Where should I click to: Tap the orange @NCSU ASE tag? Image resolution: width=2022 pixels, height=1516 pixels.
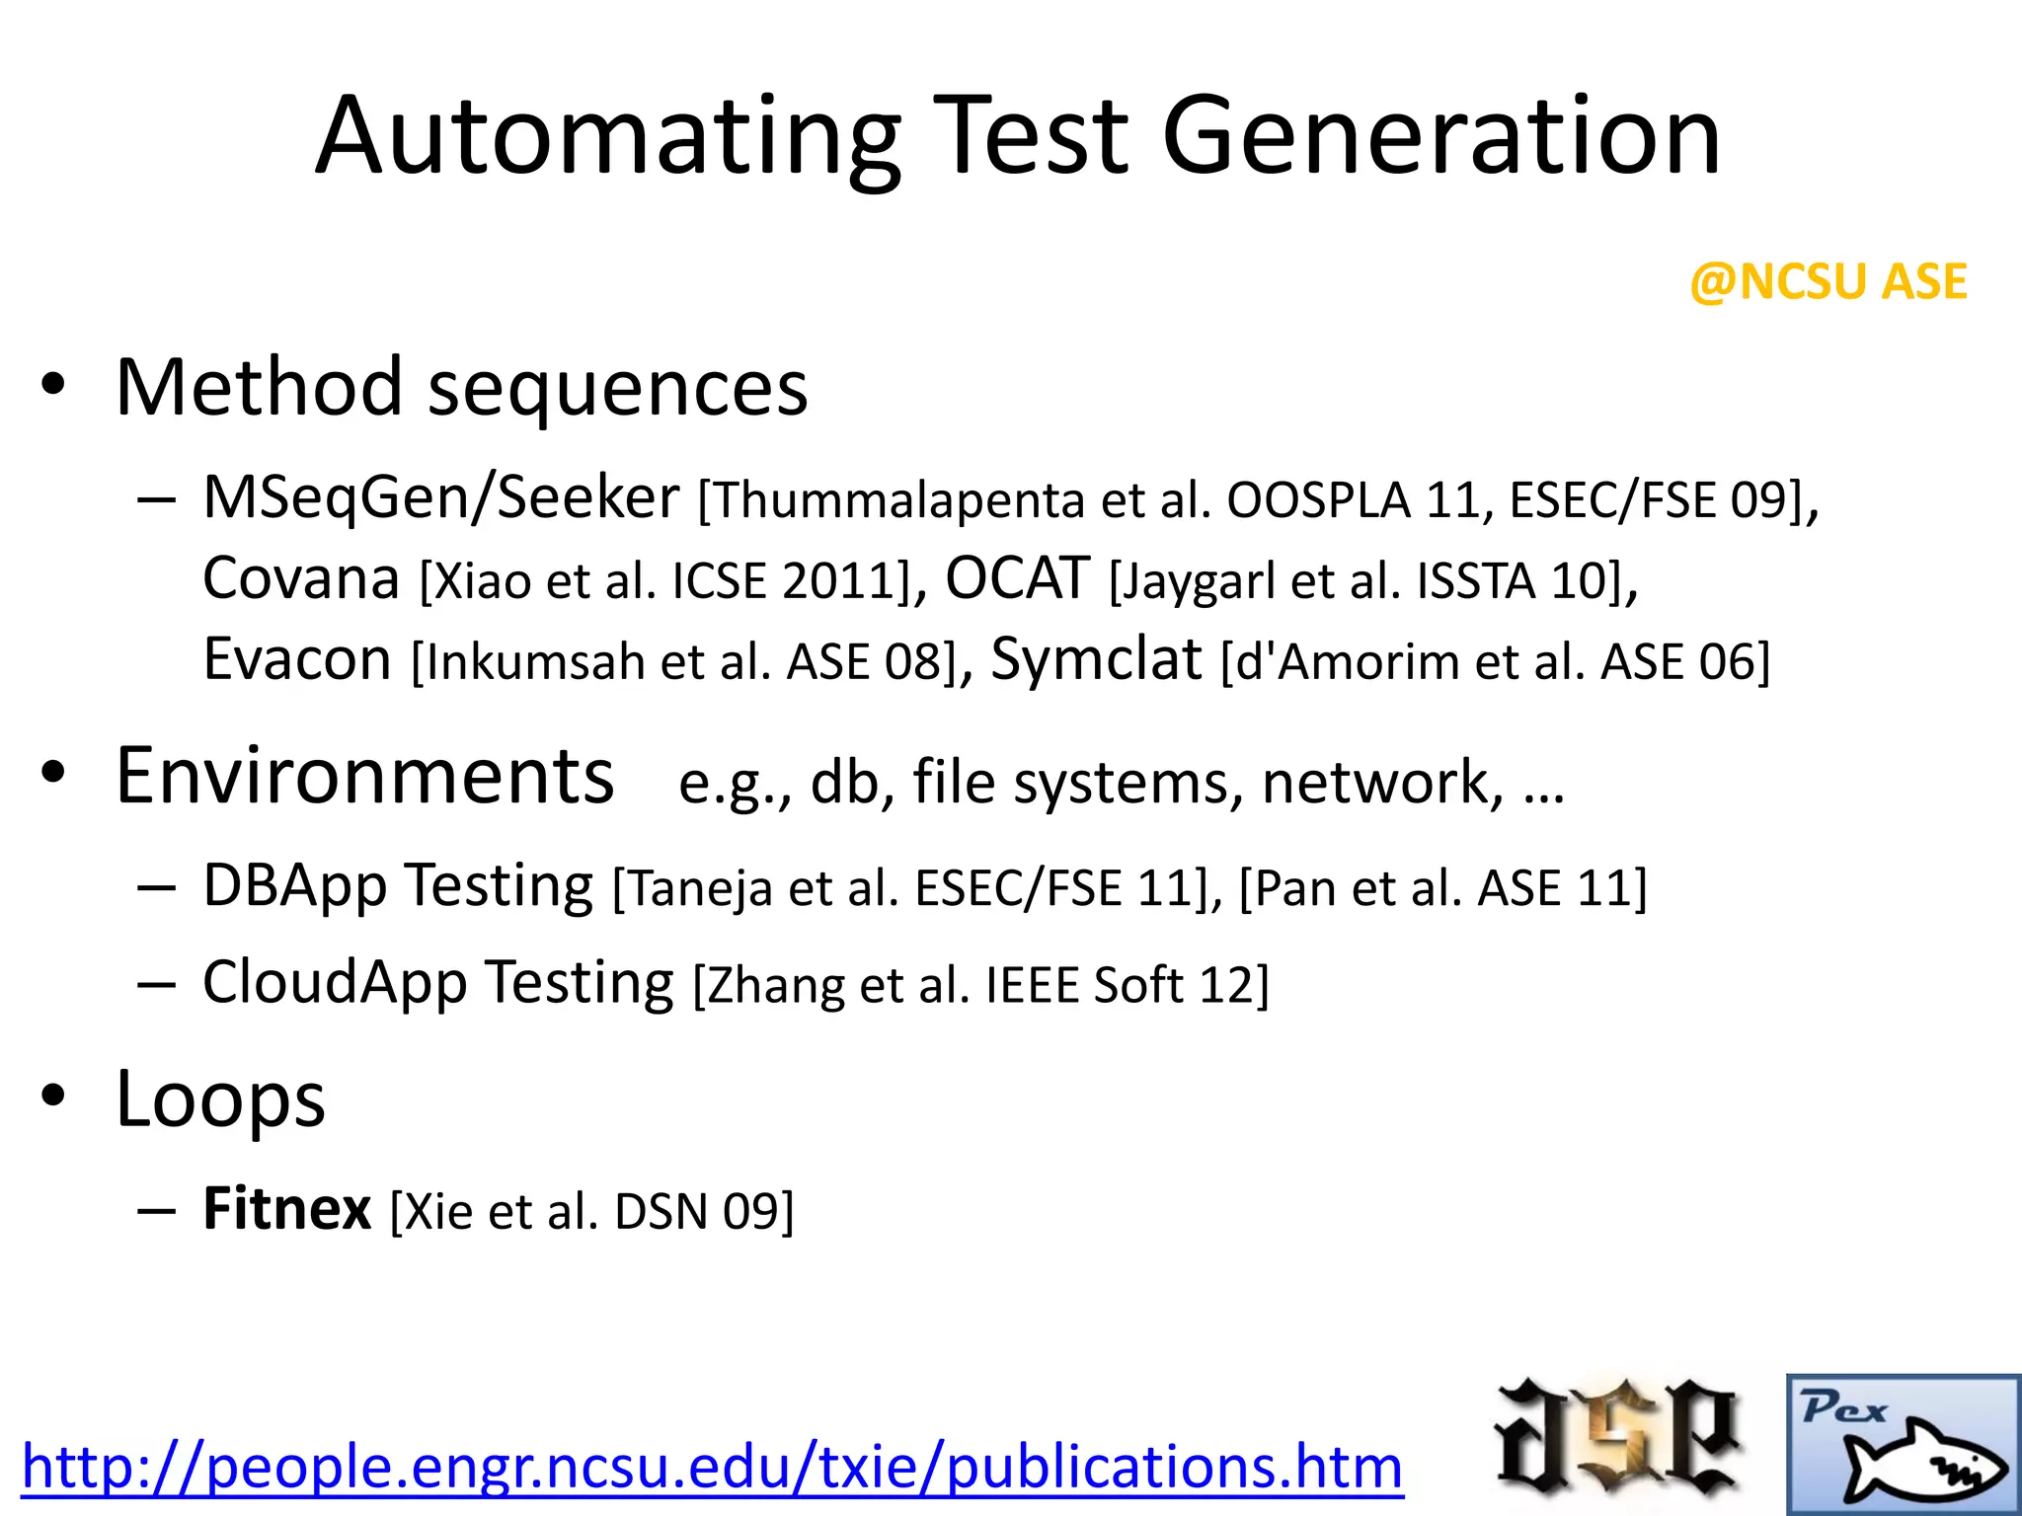pos(1828,282)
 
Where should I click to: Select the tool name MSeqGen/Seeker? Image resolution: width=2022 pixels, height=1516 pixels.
pos(440,497)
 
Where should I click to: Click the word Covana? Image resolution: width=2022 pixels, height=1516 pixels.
pos(301,578)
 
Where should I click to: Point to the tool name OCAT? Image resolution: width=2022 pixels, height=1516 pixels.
pos(1017,578)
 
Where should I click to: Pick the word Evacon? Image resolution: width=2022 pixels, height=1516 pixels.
pos(297,659)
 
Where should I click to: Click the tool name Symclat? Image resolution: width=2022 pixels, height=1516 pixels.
pos(1096,659)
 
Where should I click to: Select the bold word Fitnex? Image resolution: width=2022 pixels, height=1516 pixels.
pos(286,1209)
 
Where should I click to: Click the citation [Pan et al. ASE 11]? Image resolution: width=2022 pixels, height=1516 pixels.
pos(1442,887)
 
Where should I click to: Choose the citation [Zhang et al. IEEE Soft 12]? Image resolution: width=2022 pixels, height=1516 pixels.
pos(980,985)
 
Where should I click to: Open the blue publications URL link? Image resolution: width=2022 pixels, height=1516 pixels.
pos(712,1467)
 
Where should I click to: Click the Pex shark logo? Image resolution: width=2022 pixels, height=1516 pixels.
pos(1903,1444)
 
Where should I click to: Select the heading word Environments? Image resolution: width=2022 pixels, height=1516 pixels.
pos(364,777)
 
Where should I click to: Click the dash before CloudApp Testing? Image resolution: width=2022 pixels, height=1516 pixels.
pos(157,984)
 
